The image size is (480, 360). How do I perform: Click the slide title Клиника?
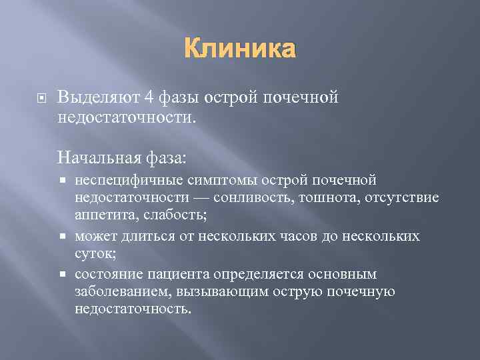239,49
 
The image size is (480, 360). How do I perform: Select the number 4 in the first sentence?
149,97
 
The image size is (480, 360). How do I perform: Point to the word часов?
283,237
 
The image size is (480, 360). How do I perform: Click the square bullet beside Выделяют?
39,98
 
